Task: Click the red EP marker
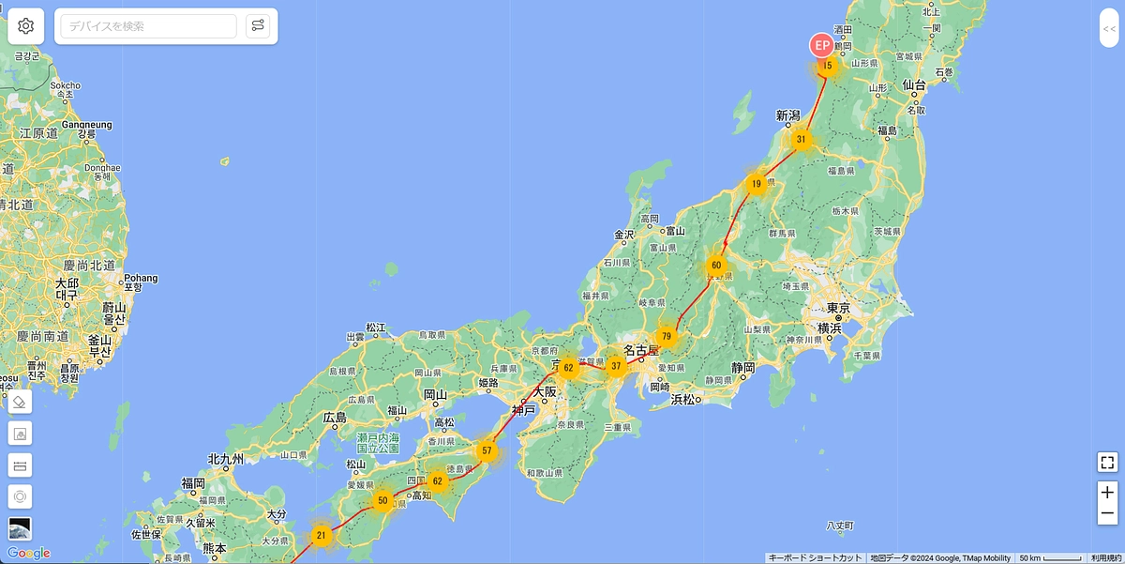tap(821, 45)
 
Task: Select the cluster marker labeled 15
tap(826, 66)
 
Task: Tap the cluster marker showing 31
tap(801, 139)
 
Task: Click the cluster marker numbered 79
tap(667, 336)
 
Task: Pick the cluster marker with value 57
tap(487, 451)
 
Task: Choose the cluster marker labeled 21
tap(321, 537)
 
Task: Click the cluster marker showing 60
tap(716, 266)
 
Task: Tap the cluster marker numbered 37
tap(616, 366)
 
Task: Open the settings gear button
tap(26, 26)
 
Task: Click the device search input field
tap(149, 26)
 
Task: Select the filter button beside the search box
tap(258, 26)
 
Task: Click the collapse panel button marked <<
tap(1109, 29)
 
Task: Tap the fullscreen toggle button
tap(1107, 462)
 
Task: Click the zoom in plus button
tap(1107, 493)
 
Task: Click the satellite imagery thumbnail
tap(20, 527)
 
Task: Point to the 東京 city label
tap(839, 309)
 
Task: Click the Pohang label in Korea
tap(141, 278)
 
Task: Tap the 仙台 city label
tap(914, 85)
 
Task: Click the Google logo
tap(28, 553)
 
